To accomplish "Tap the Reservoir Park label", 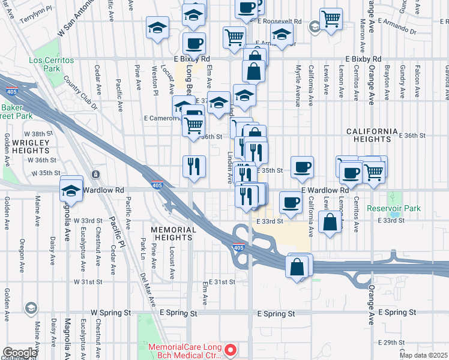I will tap(394, 208).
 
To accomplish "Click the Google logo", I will tap(20, 353).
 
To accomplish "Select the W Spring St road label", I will tap(110, 313).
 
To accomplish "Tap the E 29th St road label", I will tap(397, 341).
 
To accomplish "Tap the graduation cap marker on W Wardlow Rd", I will tap(71, 190).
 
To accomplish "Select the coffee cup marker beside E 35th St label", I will tap(302, 167).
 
